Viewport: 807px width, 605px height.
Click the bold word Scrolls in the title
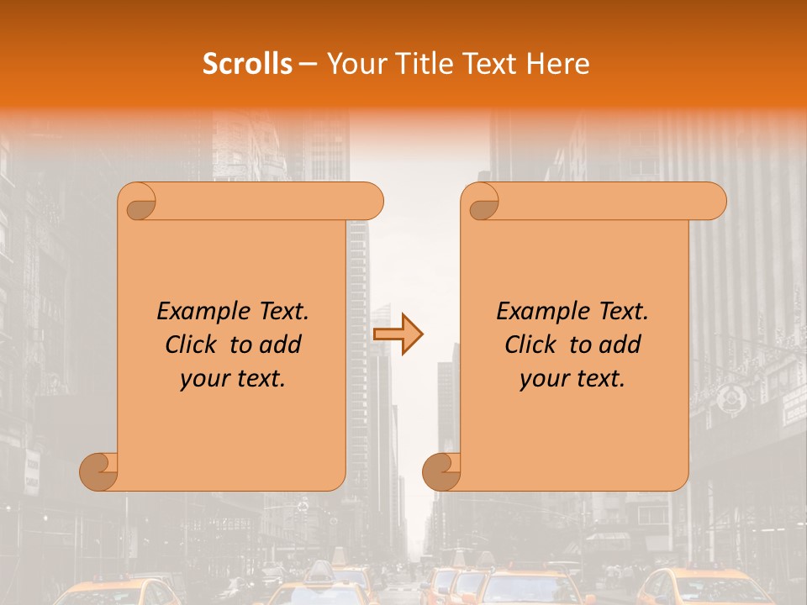click(247, 64)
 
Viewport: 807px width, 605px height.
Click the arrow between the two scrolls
click(398, 334)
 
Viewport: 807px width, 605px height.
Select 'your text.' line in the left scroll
click(233, 379)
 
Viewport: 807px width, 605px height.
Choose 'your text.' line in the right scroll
click(572, 379)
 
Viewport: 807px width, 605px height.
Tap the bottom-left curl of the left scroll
click(98, 472)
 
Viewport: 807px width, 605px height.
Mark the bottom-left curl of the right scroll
click(440, 472)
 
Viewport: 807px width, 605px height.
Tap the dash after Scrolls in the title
click(308, 65)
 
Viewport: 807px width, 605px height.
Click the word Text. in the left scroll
click(281, 311)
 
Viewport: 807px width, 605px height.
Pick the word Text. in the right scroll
click(620, 311)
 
